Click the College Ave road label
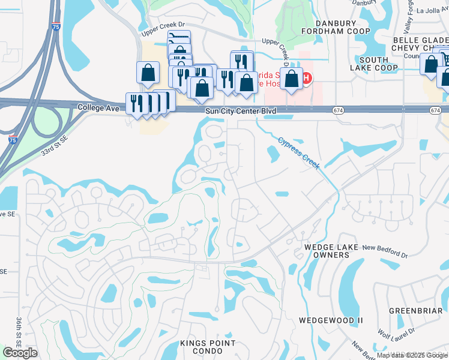point(96,107)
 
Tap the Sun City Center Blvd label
point(241,111)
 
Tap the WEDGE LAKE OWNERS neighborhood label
point(327,251)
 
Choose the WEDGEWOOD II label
point(331,320)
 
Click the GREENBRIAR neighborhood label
point(412,311)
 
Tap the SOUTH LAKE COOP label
point(374,64)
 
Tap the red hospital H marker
point(307,78)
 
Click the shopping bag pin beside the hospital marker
point(292,79)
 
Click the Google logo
point(20,353)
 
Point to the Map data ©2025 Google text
point(412,355)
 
